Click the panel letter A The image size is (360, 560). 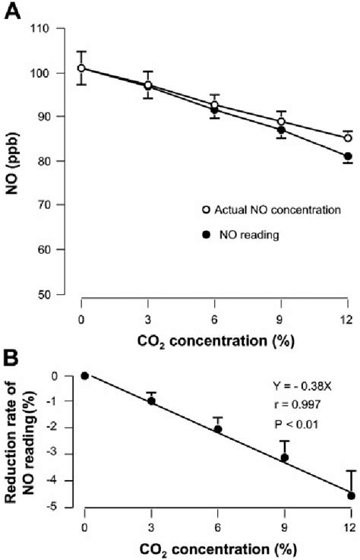click(x=12, y=13)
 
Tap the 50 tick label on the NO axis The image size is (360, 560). click(x=53, y=293)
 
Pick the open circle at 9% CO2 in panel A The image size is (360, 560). click(x=281, y=122)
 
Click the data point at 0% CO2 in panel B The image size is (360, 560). click(x=85, y=375)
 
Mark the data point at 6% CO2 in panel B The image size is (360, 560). click(x=217, y=429)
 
